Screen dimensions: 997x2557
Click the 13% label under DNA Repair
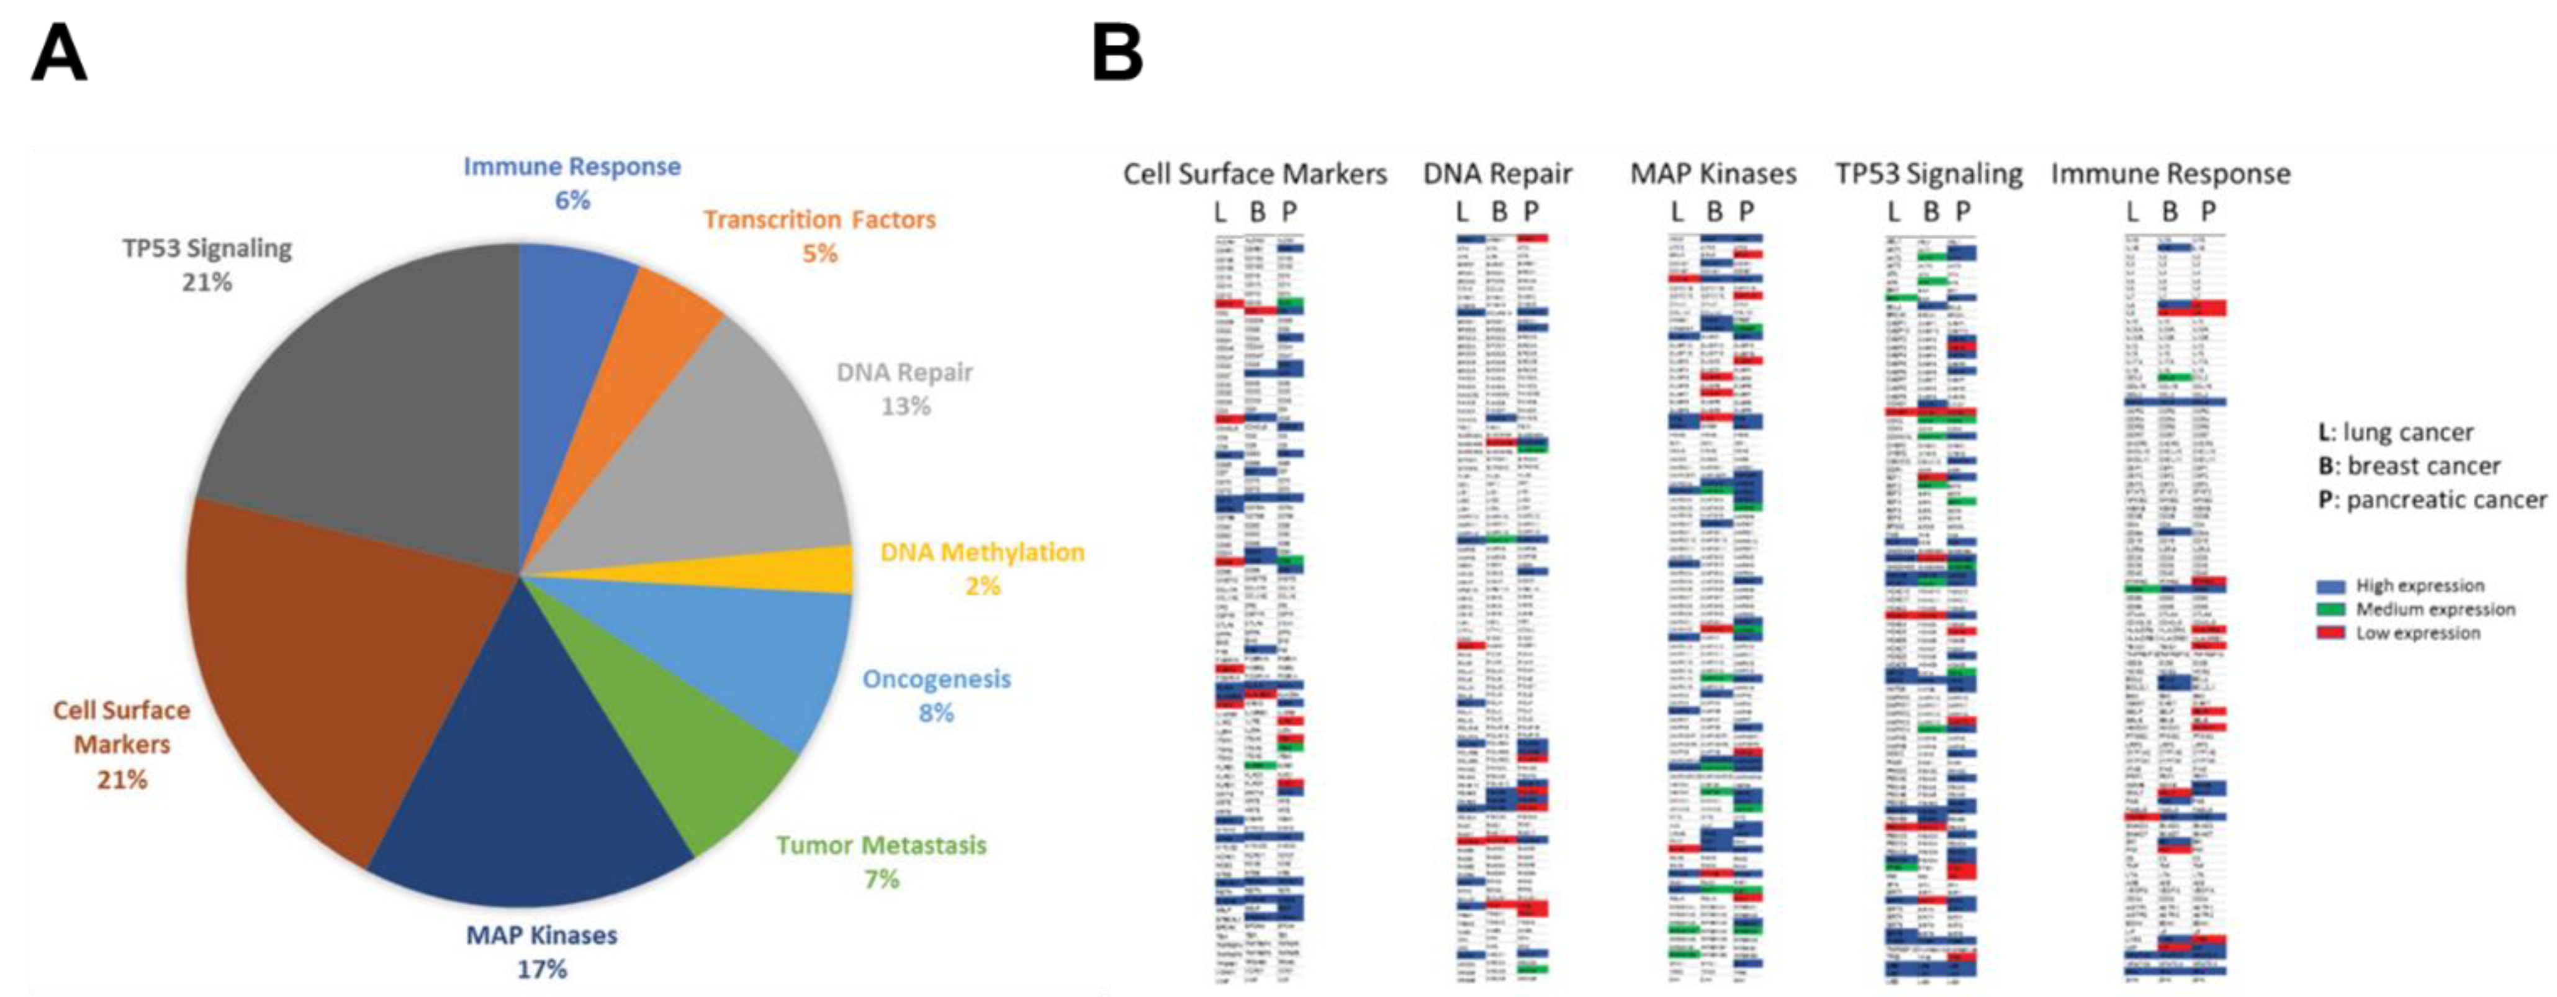click(x=905, y=406)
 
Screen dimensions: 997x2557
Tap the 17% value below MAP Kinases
click(x=542, y=968)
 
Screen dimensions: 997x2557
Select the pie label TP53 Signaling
click(x=207, y=248)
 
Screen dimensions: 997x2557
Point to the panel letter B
click(x=1117, y=55)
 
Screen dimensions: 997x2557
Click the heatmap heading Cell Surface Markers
click(x=1255, y=174)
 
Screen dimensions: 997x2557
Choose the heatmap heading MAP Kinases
click(x=1713, y=174)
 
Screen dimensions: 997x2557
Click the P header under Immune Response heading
click(x=2207, y=212)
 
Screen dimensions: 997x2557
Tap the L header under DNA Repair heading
click(x=1462, y=212)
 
